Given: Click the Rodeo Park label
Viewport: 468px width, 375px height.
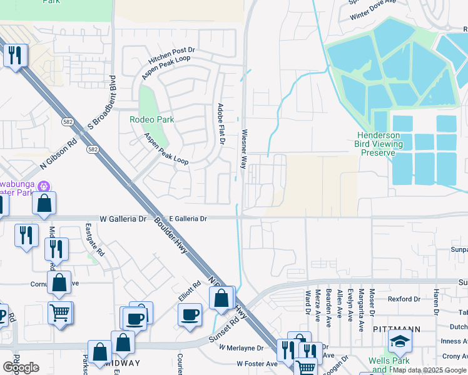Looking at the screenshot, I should pyautogui.click(x=151, y=119).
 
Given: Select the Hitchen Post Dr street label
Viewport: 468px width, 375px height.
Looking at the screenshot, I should pyautogui.click(x=171, y=57).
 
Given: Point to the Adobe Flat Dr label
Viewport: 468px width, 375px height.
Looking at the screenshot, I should pyautogui.click(x=220, y=124).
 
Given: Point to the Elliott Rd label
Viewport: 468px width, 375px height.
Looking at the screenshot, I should pyautogui.click(x=188, y=291).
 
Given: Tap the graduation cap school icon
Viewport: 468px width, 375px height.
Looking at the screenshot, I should pyautogui.click(x=400, y=341).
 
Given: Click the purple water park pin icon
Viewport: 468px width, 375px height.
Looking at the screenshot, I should pyautogui.click(x=44, y=186).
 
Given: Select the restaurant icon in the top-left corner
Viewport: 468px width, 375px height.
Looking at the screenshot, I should pyautogui.click(x=14, y=56).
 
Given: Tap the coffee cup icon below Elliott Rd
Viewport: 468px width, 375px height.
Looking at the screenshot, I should pyautogui.click(x=190, y=314).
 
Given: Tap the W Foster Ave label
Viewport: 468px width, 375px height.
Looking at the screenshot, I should pyautogui.click(x=257, y=363).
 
